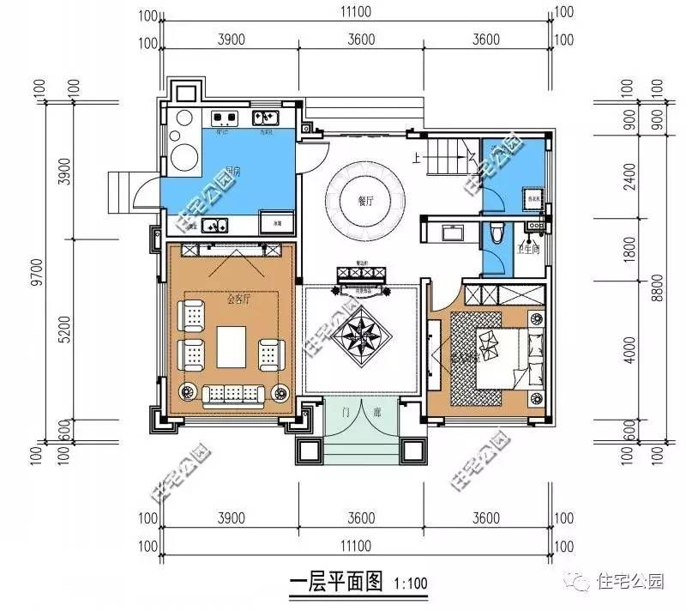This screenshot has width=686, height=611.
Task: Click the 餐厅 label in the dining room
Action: point(366,201)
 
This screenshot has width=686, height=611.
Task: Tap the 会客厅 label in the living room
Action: point(238,299)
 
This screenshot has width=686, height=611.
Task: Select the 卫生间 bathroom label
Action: point(528,249)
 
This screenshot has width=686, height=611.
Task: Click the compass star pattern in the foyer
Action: point(363,334)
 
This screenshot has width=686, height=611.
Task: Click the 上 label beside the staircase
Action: point(416,157)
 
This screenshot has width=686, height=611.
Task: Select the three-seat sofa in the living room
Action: point(232,393)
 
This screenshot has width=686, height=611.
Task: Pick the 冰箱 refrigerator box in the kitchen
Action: point(276,222)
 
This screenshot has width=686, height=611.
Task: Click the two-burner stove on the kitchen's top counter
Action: point(225,118)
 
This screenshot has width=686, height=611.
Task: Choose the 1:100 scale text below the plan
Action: point(410,584)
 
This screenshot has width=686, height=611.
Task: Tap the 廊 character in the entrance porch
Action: point(376,413)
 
